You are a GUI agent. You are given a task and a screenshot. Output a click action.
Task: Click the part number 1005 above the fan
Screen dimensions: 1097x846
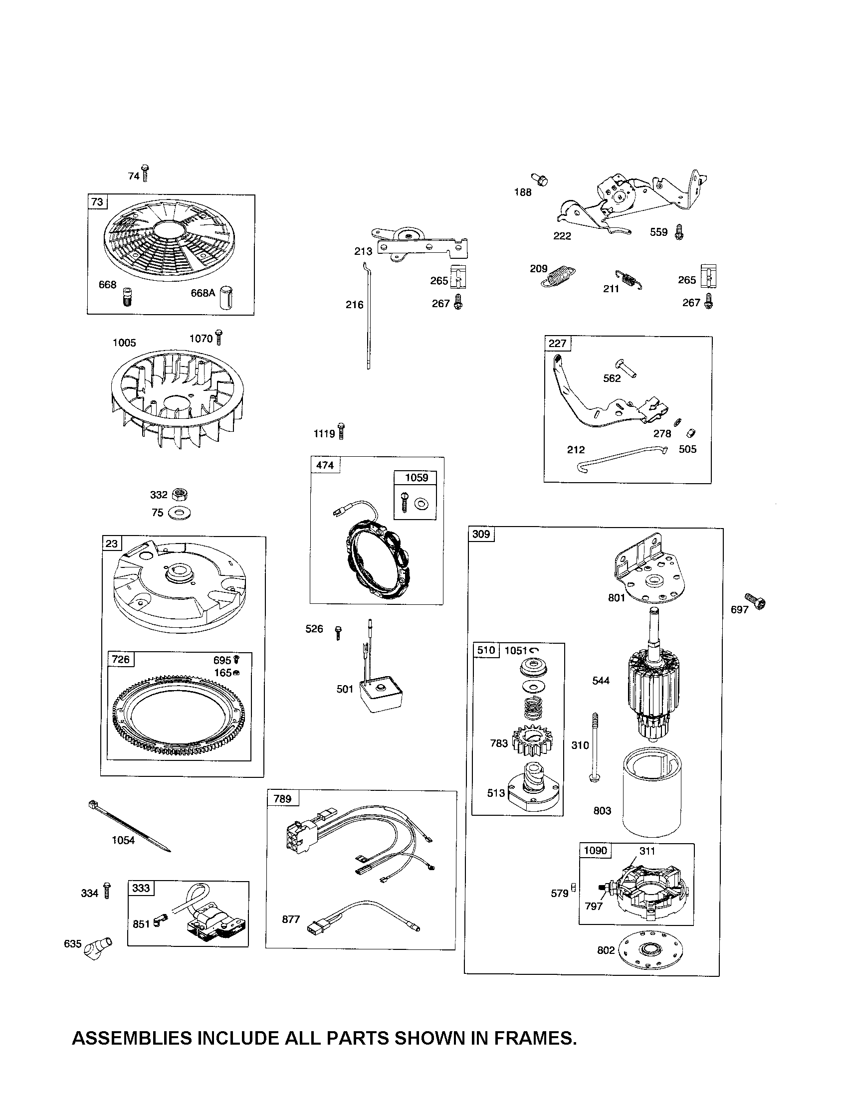pyautogui.click(x=124, y=343)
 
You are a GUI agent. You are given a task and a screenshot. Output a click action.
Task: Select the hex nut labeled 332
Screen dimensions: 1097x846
pyautogui.click(x=180, y=495)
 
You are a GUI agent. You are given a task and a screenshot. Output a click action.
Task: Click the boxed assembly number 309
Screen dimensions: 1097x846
pyautogui.click(x=481, y=534)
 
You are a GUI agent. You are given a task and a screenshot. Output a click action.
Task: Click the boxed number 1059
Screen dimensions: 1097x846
pyautogui.click(x=417, y=478)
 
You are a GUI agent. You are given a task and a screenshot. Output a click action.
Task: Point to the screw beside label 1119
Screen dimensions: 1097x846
pyautogui.click(x=342, y=431)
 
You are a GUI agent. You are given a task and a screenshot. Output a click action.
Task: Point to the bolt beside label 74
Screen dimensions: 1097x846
pyautogui.click(x=145, y=173)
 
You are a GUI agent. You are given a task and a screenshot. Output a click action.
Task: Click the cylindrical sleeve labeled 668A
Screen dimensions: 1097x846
pyautogui.click(x=227, y=296)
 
